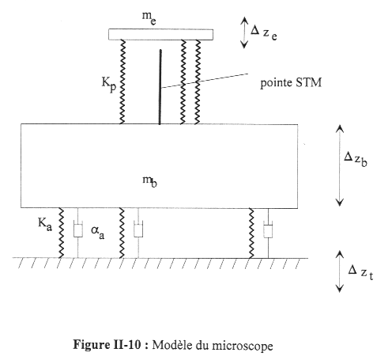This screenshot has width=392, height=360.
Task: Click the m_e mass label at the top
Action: pos(149,18)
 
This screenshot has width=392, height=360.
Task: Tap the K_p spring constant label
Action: pos(109,84)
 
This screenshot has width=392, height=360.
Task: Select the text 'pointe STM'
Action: pos(291,83)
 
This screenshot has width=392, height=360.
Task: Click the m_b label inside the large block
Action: pos(149,181)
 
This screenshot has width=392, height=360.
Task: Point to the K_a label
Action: pos(45,225)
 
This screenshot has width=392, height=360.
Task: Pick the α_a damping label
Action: pos(97,232)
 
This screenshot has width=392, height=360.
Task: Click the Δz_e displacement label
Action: pos(263,32)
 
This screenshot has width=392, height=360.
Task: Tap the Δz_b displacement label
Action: pos(356,160)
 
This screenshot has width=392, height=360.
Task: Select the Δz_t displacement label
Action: pos(360,272)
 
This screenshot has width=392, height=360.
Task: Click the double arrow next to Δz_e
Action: pos(244,32)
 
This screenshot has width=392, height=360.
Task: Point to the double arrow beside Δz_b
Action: pos(340,165)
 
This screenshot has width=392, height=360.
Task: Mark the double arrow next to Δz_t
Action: pos(340,271)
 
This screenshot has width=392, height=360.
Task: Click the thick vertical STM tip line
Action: pos(160,87)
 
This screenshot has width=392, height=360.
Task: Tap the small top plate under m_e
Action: pos(160,35)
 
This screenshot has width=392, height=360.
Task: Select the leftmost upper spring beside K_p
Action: pos(122,81)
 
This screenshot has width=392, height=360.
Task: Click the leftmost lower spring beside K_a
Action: pos(61,233)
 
